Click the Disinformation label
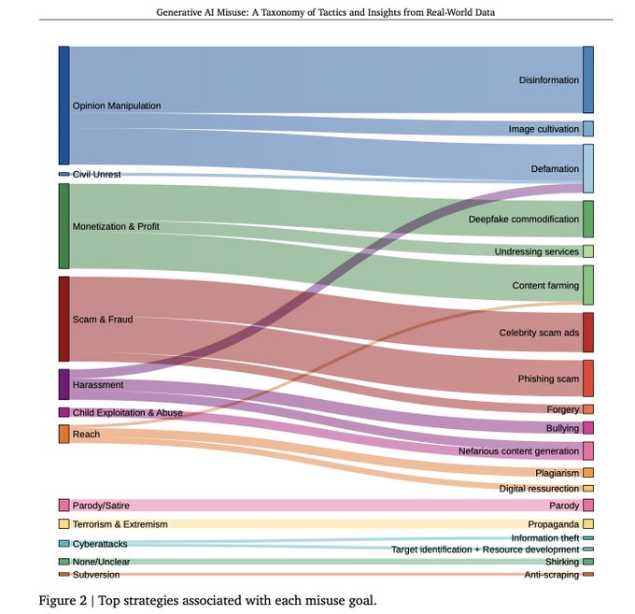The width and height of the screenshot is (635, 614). [548, 80]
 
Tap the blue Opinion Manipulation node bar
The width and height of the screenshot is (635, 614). [63, 105]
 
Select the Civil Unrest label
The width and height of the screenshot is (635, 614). [96, 175]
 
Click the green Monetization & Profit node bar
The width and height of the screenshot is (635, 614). [63, 226]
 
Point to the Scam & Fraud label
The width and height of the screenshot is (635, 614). [103, 320]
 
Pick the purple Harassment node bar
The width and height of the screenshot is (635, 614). [63, 384]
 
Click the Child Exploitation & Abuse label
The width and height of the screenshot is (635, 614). [127, 412]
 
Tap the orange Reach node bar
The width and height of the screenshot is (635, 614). [63, 434]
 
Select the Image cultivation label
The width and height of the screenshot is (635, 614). [543, 129]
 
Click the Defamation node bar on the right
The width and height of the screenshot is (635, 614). [588, 168]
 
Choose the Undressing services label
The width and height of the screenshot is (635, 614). [537, 252]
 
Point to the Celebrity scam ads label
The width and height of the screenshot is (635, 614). [539, 333]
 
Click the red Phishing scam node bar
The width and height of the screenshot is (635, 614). [588, 378]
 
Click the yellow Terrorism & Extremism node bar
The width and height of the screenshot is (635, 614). [63, 524]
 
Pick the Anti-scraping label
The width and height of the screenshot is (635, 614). [551, 575]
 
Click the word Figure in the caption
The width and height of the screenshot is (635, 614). [56, 599]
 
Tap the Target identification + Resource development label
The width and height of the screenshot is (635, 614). [485, 550]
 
